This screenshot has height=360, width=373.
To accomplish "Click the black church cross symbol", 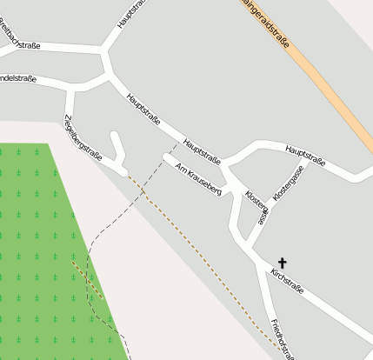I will [x=282, y=261].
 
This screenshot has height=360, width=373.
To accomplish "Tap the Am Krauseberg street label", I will [x=199, y=178].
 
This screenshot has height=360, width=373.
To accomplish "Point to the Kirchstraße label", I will [x=287, y=282].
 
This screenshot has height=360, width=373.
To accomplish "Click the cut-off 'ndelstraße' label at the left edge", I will [x=17, y=78].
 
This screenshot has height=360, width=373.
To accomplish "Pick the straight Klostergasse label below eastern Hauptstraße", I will [x=289, y=184].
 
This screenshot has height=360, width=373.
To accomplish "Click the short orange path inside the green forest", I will [x=86, y=278].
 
